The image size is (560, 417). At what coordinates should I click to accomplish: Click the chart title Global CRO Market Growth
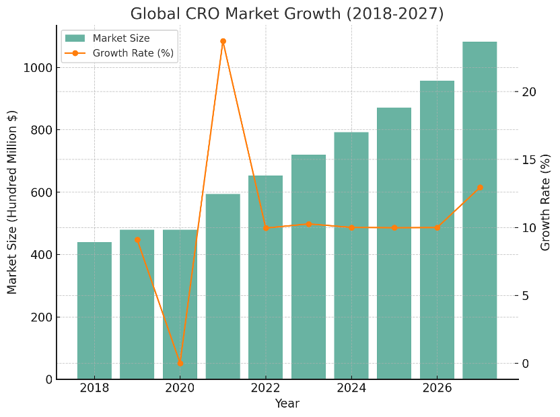(287, 13)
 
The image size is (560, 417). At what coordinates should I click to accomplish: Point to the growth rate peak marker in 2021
(223, 42)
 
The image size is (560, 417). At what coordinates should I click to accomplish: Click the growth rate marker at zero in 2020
(180, 363)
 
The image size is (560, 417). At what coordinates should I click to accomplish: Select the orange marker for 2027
(480, 188)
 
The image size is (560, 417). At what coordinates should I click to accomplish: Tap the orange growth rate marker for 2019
(137, 239)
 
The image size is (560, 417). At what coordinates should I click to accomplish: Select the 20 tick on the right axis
(530, 92)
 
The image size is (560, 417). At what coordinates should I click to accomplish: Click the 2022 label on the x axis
(265, 389)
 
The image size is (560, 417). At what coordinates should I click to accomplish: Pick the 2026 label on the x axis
(437, 389)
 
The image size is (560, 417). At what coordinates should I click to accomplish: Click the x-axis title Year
(287, 404)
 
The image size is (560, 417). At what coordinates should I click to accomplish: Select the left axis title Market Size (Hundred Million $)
(12, 202)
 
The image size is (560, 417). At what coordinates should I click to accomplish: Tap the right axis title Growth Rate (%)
(546, 202)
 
